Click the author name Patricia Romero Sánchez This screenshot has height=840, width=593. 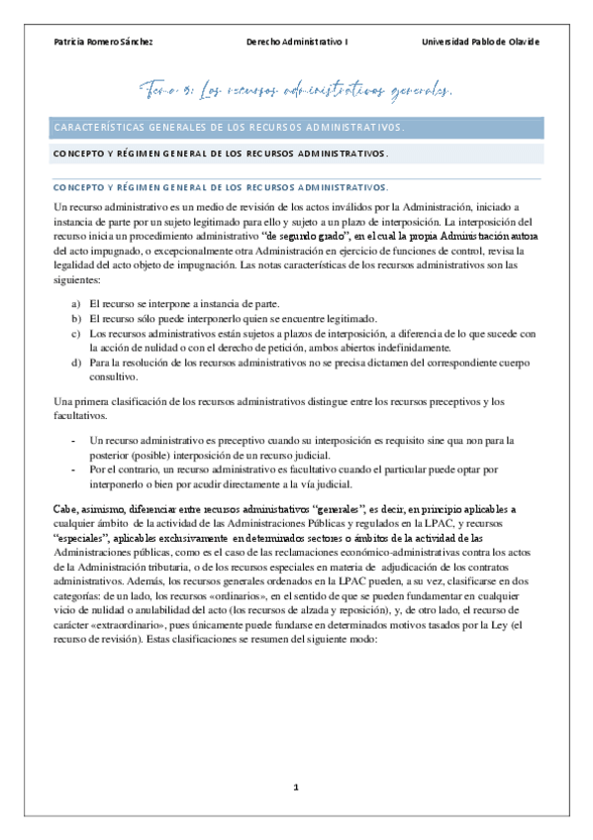pos(102,42)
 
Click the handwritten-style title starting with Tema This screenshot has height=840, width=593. pos(297,92)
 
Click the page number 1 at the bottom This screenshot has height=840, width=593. pos(295,787)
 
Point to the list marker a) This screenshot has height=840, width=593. pos(76,302)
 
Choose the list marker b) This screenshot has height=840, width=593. pos(76,318)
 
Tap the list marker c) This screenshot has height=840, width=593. pos(76,334)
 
